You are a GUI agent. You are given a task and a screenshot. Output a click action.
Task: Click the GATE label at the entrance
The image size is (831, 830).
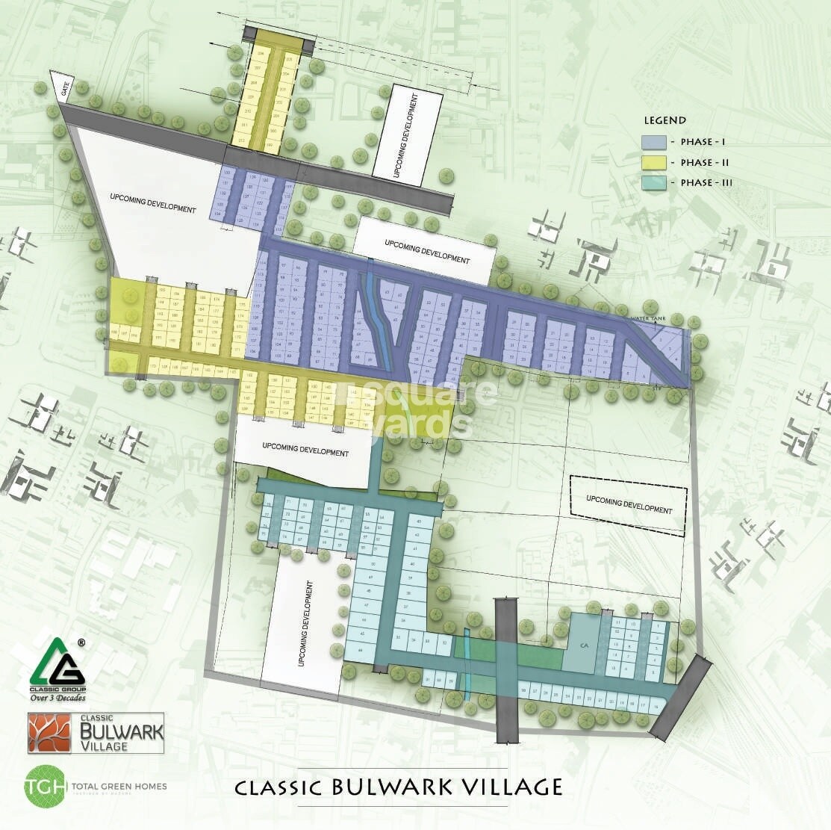(63, 88)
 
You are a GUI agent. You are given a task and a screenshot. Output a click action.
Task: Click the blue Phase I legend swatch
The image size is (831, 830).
(653, 142)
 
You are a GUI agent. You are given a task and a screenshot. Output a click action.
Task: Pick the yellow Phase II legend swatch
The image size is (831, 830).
(653, 162)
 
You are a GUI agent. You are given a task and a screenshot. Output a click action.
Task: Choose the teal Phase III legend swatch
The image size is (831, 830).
(653, 183)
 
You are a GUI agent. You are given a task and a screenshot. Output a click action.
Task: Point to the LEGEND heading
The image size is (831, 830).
(665, 120)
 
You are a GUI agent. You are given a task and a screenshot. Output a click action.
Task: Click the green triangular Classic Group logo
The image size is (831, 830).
(57, 663)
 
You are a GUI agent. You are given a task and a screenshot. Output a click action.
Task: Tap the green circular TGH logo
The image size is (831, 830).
(41, 786)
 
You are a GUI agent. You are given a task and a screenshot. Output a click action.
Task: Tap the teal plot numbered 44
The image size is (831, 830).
(362, 651)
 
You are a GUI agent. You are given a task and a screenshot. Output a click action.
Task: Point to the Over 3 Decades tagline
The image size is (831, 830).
(57, 699)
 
